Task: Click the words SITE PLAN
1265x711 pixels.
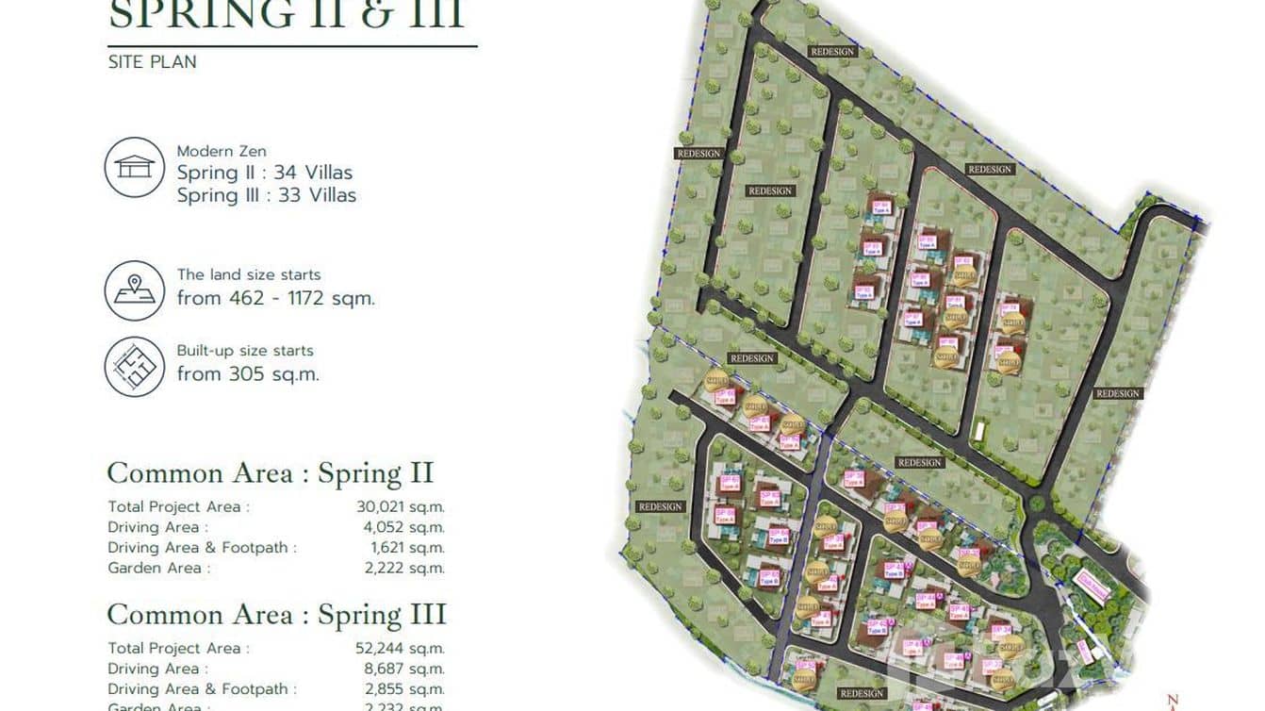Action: click(152, 62)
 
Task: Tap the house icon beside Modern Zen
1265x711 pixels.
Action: click(134, 167)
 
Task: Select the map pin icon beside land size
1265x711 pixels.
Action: click(134, 290)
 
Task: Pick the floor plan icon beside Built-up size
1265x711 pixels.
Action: click(134, 366)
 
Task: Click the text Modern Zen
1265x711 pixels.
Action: click(222, 151)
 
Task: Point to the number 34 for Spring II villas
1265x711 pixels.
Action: click(286, 173)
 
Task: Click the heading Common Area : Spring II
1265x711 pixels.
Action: click(270, 473)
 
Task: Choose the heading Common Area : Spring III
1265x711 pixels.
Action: click(276, 615)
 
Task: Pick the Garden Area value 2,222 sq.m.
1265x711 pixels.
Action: click(402, 568)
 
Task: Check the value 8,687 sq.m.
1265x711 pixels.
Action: click(402, 669)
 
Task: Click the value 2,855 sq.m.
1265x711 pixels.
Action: click(402, 689)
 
